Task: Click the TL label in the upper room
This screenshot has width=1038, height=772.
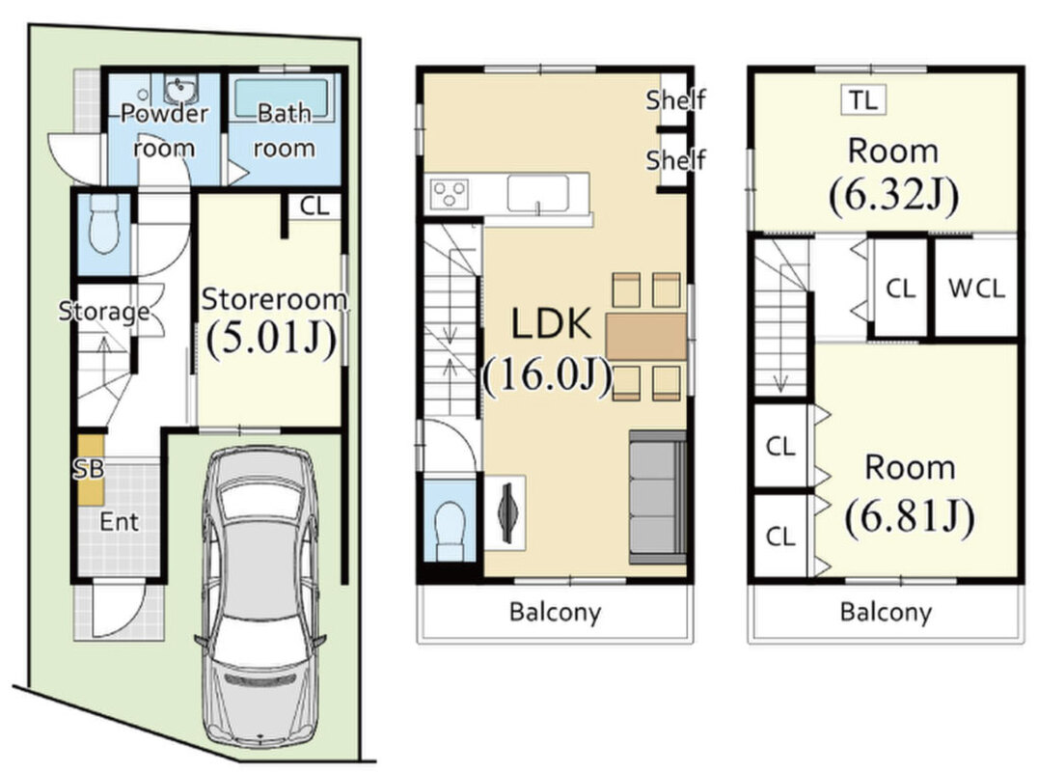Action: pos(863,100)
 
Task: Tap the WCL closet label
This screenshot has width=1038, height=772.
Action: pos(976,288)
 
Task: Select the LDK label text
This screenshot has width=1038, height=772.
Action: pos(551,324)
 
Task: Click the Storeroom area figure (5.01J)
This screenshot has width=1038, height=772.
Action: pos(271,339)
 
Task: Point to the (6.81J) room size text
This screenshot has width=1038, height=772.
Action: pos(910,516)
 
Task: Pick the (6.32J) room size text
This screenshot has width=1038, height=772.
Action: pos(893,195)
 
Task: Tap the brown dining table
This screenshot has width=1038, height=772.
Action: pos(646,337)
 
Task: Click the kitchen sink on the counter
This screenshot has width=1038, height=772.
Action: pos(538,193)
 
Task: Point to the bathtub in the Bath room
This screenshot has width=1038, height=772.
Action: pos(282,99)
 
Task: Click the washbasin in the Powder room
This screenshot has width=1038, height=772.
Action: pos(178,90)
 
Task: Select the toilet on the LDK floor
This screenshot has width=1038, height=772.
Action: pos(451,531)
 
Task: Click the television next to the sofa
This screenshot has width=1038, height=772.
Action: pos(505,512)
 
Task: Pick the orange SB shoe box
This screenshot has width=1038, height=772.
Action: pos(90,469)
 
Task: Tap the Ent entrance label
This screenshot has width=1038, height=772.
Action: pos(120,522)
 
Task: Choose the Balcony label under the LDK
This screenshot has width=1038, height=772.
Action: pos(556,613)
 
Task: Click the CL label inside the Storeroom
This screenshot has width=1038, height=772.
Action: pos(314,206)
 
